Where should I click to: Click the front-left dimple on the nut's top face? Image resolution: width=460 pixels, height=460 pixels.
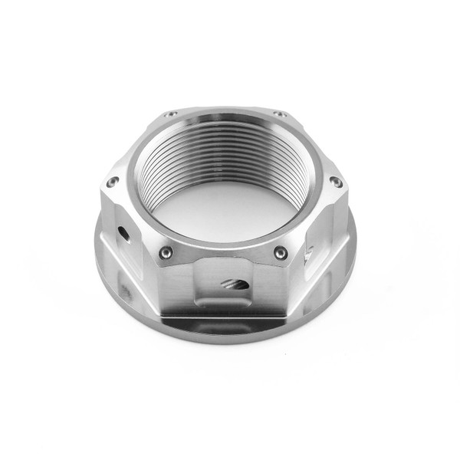click(x=166, y=252)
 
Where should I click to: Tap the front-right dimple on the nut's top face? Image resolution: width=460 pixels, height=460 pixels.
click(x=281, y=252)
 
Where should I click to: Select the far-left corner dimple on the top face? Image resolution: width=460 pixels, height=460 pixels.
click(x=113, y=182)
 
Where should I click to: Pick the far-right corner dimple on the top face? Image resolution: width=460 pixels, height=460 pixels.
click(x=335, y=182)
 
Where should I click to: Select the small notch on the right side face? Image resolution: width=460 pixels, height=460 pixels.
click(x=308, y=251)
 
